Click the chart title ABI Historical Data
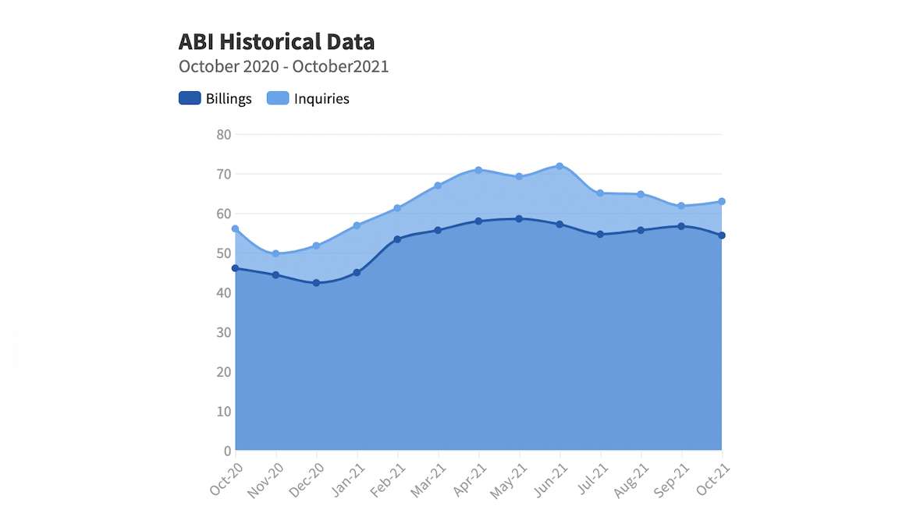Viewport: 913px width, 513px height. pyautogui.click(x=276, y=41)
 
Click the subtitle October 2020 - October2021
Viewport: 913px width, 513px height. pyautogui.click(x=283, y=66)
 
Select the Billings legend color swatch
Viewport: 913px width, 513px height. pyautogui.click(x=190, y=98)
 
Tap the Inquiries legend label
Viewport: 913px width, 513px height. pyautogui.click(x=322, y=98)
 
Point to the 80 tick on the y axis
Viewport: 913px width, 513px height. pyautogui.click(x=224, y=134)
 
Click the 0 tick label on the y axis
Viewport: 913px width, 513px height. pyautogui.click(x=228, y=451)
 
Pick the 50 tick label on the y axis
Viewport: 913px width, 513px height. pyautogui.click(x=224, y=253)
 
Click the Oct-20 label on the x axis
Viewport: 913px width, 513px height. pyautogui.click(x=225, y=477)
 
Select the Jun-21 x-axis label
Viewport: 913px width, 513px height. pyautogui.click(x=549, y=477)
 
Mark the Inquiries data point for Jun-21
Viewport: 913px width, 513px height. pyautogui.click(x=560, y=166)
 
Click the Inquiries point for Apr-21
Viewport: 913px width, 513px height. pyautogui.click(x=478, y=170)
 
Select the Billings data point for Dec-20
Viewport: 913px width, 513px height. pyautogui.click(x=316, y=283)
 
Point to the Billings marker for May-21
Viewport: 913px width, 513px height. pyautogui.click(x=519, y=219)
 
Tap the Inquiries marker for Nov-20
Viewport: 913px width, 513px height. pyautogui.click(x=275, y=253)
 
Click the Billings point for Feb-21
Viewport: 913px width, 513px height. pyautogui.click(x=397, y=239)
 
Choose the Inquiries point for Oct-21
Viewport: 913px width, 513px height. pyautogui.click(x=722, y=201)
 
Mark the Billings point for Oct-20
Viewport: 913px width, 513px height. pyautogui.click(x=235, y=268)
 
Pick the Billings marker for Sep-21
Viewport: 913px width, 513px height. pyautogui.click(x=681, y=226)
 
